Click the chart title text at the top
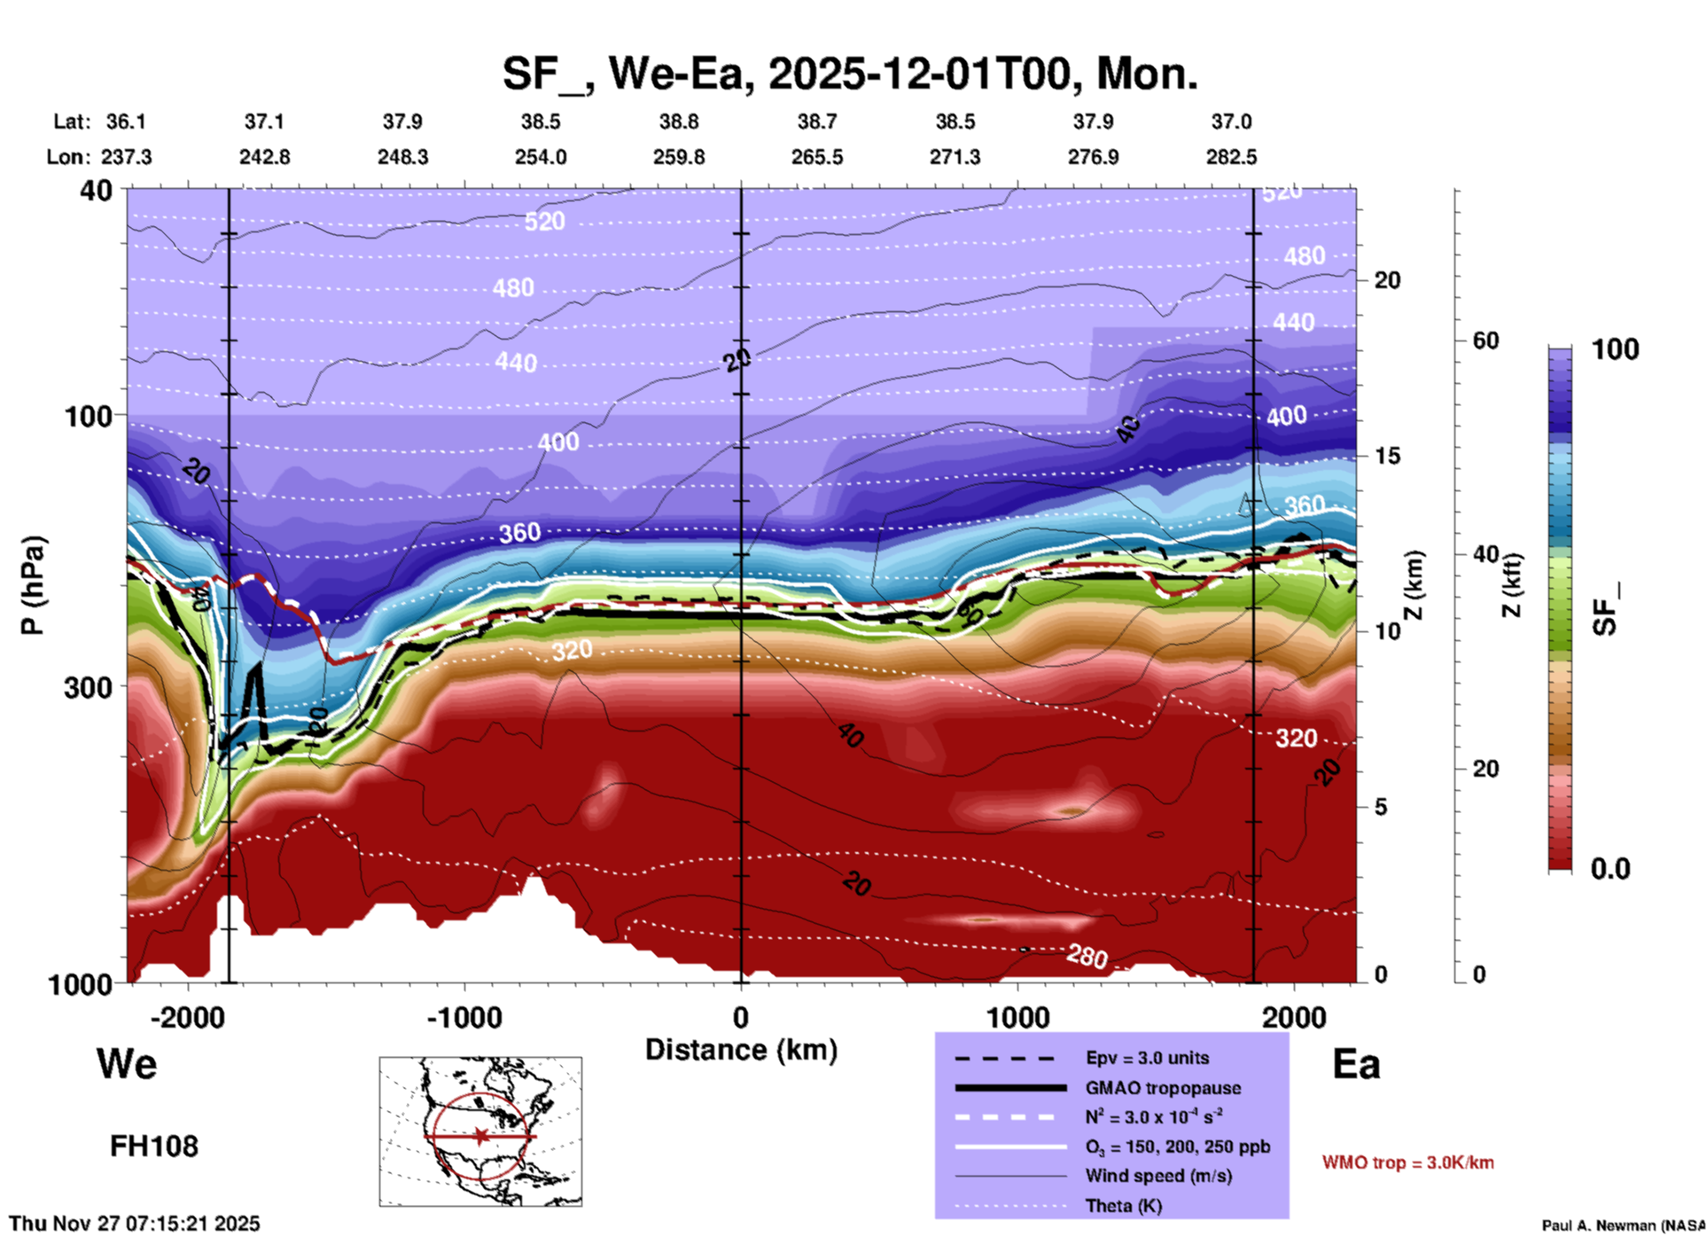click(x=849, y=74)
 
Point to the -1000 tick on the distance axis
click(x=464, y=1017)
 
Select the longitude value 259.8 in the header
click(x=679, y=157)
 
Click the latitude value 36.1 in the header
click(x=126, y=121)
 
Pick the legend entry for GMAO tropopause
click(x=1162, y=1088)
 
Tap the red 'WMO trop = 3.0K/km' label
click(x=1407, y=1162)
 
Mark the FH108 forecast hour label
click(x=154, y=1146)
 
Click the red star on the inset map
click(x=480, y=1136)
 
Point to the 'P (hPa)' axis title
click(x=33, y=584)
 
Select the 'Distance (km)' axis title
click(x=741, y=1050)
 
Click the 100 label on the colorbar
click(x=1615, y=349)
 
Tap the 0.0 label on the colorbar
click(x=1610, y=869)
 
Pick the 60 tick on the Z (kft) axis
click(x=1485, y=340)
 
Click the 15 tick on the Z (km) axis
click(x=1386, y=456)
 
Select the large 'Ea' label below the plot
click(x=1356, y=1064)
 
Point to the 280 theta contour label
click(x=1087, y=957)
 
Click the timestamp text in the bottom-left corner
click(x=135, y=1224)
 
